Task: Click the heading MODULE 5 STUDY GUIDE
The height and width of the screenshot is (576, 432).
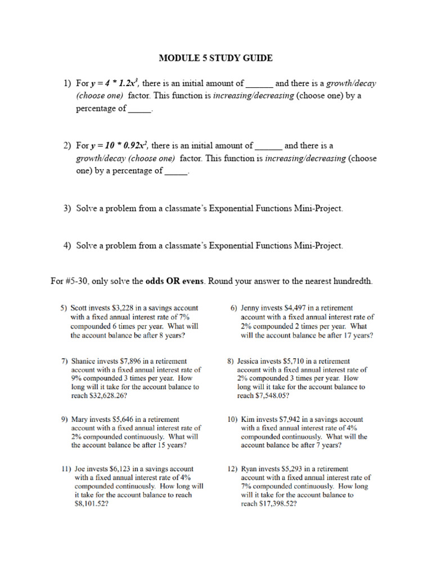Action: pos(215,58)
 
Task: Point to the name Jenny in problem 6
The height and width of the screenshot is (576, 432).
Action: pos(250,308)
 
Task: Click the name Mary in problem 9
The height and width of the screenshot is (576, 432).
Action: pos(81,419)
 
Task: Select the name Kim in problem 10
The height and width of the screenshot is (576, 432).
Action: pos(247,419)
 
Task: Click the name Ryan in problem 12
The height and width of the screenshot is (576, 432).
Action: pos(250,469)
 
